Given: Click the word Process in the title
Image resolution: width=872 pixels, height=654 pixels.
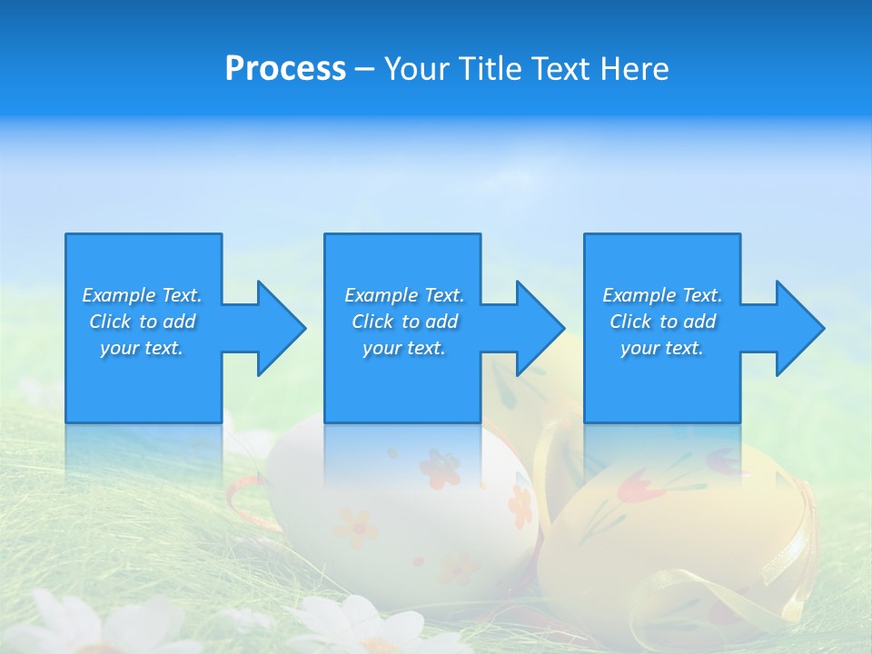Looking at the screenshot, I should pos(285,69).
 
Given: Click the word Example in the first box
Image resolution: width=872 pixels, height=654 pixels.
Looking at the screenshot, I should pos(120,295).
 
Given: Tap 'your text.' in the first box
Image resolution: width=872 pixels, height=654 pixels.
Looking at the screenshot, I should pos(142,349).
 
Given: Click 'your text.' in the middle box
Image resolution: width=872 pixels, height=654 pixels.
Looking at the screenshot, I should pos(404,349).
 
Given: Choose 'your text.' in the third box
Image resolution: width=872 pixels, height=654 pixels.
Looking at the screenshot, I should pos(662,349).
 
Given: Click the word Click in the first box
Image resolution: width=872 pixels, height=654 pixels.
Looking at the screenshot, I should pos(110,322).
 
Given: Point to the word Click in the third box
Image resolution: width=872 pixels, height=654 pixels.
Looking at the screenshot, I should pos(630,322).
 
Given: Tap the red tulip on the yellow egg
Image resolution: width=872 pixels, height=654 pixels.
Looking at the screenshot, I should pos(631,490).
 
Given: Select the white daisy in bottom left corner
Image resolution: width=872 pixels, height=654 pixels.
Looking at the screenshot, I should pos(64,627).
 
